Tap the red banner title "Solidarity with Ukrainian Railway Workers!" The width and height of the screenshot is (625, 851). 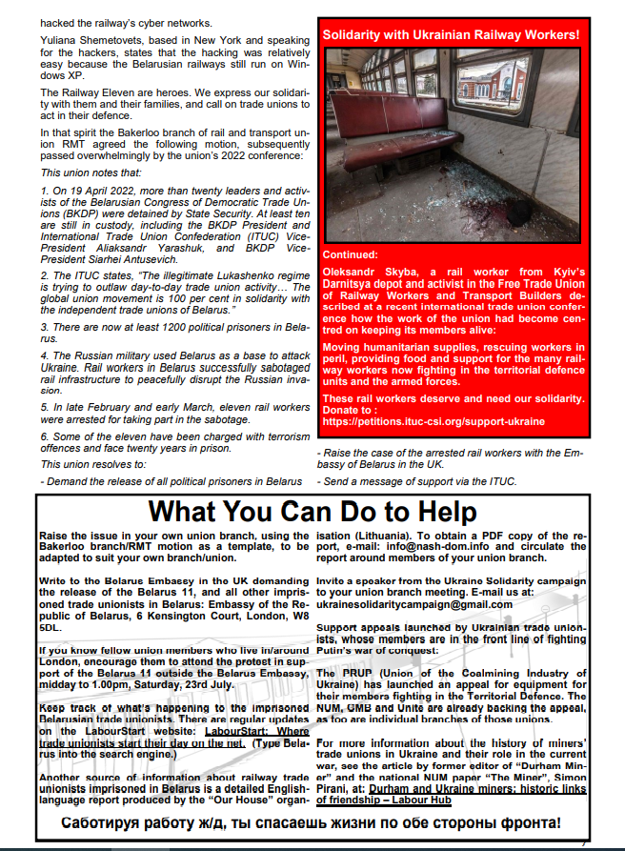452,35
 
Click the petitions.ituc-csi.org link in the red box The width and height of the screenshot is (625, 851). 433,420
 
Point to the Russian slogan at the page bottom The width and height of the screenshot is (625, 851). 312,823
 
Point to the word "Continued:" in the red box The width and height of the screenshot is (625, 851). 350,255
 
